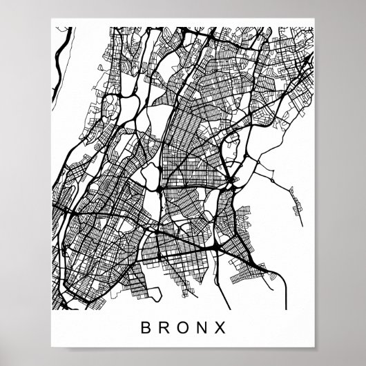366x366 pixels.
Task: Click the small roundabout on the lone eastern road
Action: [x=272, y=181]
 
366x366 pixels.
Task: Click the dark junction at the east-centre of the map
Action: [x=232, y=181]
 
